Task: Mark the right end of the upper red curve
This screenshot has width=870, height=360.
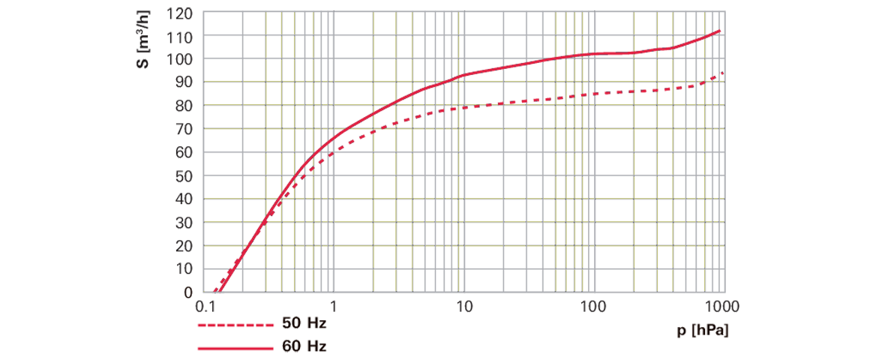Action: pyautogui.click(x=721, y=30)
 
